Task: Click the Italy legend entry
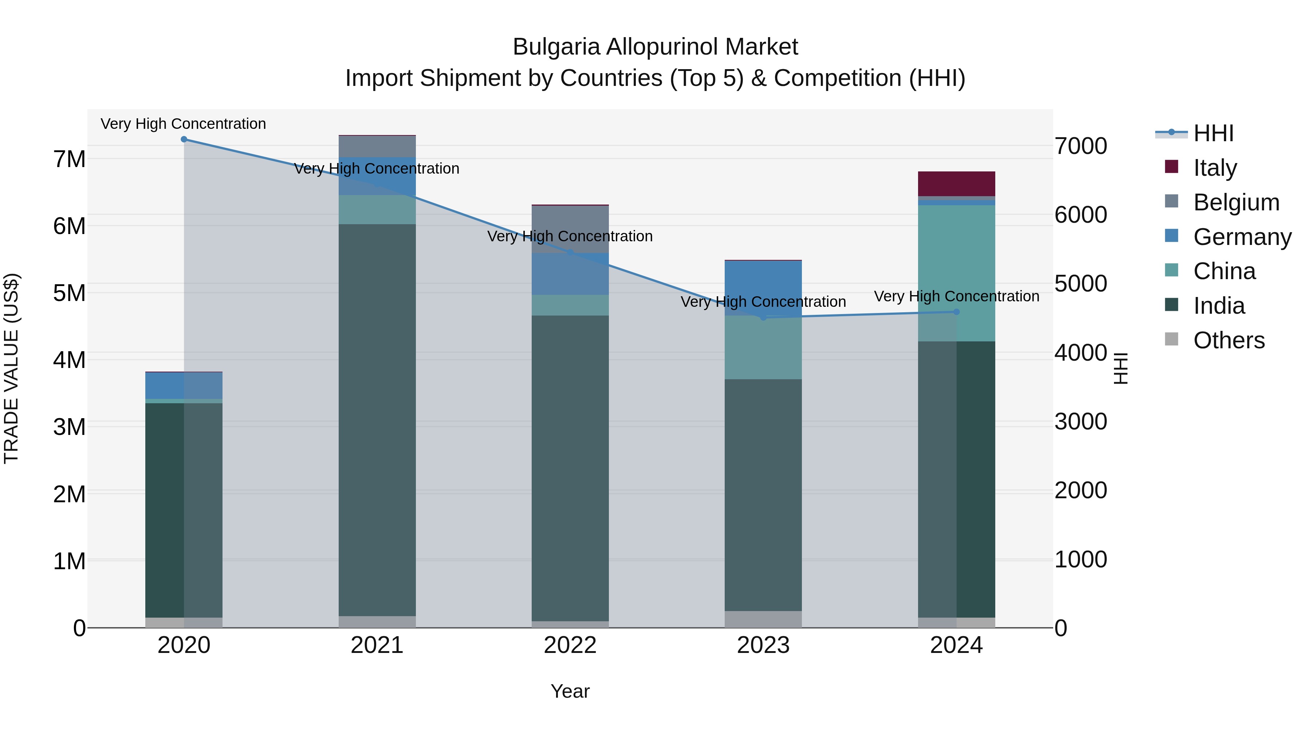1214,167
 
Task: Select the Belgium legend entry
1236,202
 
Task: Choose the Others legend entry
1229,340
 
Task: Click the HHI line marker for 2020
184,139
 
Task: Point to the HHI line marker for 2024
956,312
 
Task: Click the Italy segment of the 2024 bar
956,184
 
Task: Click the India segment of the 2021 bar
377,420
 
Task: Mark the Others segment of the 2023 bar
763,619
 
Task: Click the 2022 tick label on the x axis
570,645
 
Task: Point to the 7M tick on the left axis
70,159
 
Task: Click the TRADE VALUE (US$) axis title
11,368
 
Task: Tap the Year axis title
570,691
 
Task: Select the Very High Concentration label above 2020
183,124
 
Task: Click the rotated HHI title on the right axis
1121,368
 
